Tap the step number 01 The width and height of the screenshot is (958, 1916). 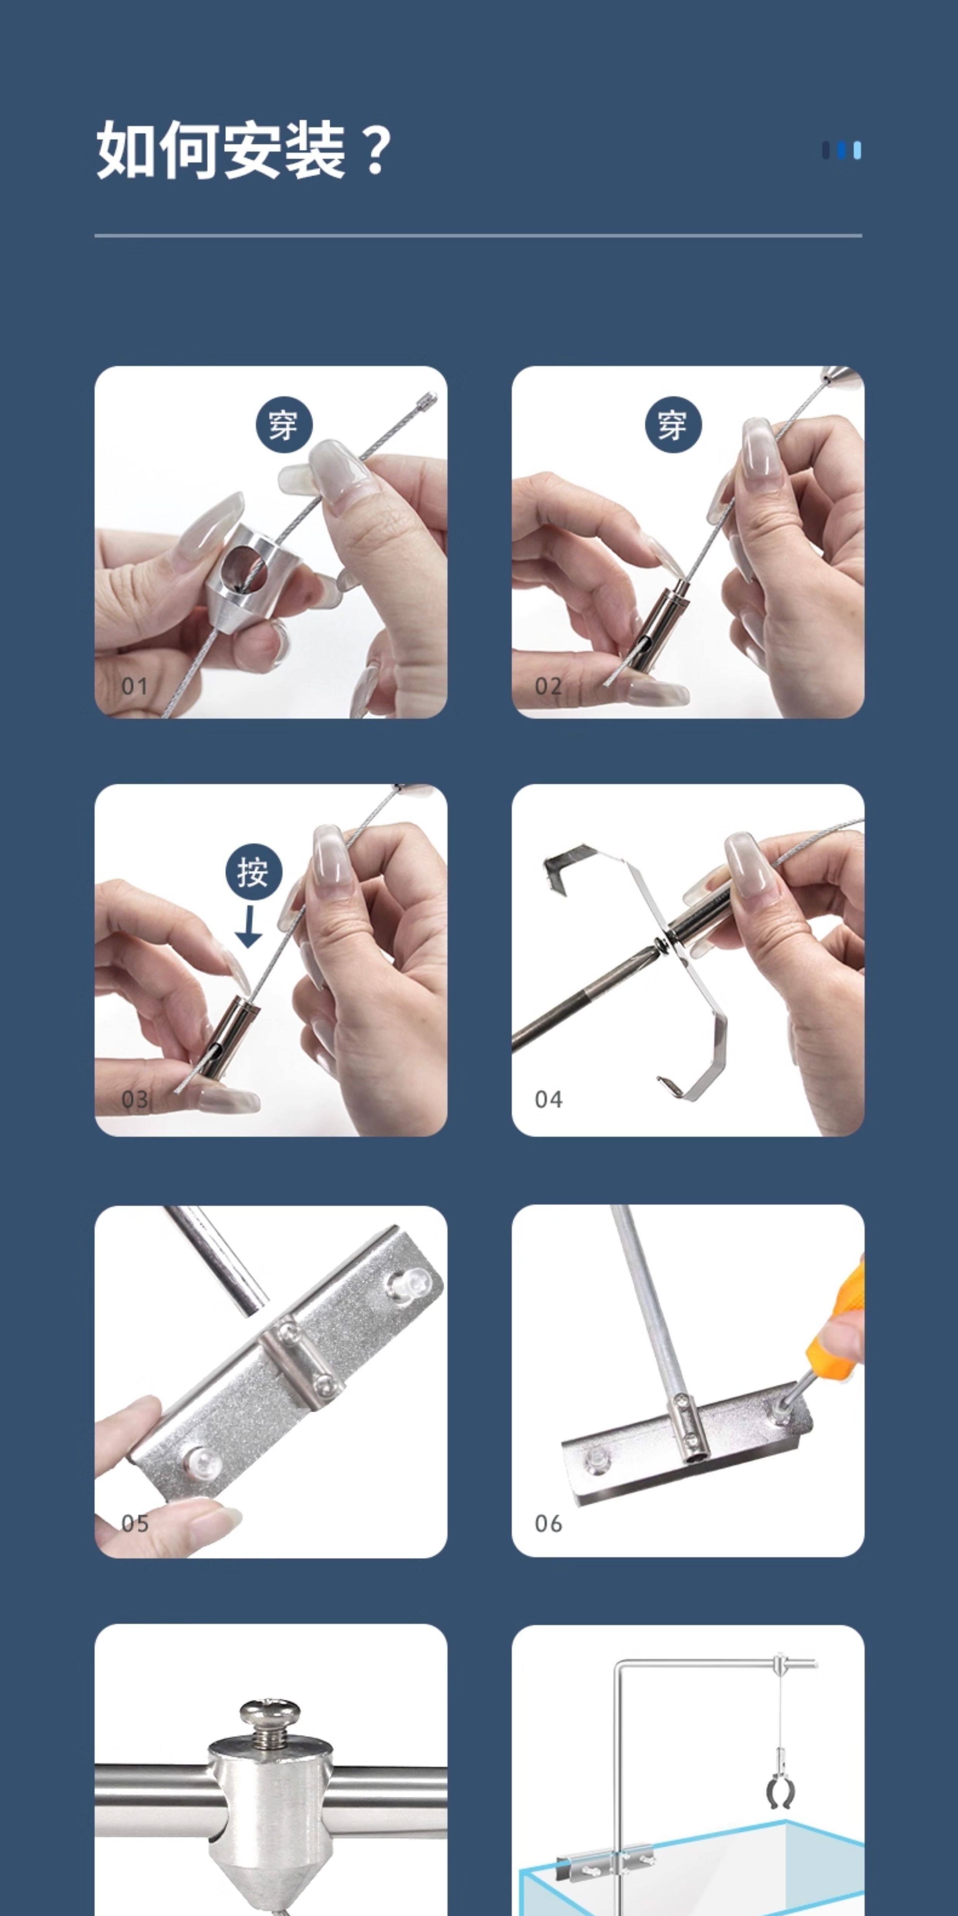(x=135, y=686)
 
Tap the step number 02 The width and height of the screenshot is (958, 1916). (x=548, y=686)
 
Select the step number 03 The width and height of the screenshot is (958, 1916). (x=135, y=1099)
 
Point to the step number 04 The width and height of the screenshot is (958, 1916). (x=548, y=1099)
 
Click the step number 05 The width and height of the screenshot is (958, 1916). (x=135, y=1523)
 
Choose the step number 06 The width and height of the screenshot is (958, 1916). (x=548, y=1523)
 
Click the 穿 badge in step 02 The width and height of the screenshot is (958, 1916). (x=673, y=425)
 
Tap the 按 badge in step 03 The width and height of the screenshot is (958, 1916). (x=254, y=872)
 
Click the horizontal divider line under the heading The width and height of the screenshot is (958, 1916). (x=478, y=236)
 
